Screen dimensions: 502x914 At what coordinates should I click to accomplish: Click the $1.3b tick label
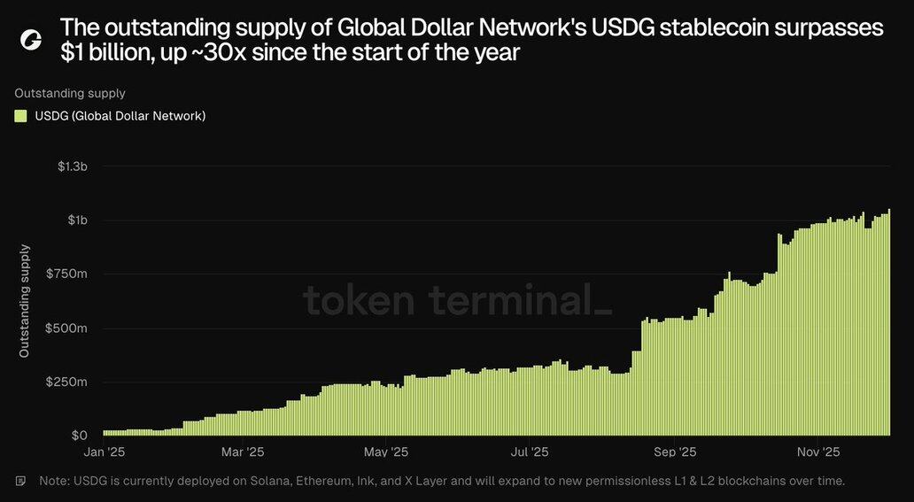[x=73, y=166]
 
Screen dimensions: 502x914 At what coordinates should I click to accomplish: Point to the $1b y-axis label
[x=78, y=220]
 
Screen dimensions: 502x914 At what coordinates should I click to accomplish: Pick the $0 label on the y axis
[x=79, y=436]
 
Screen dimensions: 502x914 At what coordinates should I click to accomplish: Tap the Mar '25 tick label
[x=242, y=452]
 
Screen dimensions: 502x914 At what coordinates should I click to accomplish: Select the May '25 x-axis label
[x=386, y=452]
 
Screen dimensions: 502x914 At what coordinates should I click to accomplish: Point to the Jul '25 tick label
[x=529, y=452]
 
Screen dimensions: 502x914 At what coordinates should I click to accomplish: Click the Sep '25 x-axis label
[x=676, y=452]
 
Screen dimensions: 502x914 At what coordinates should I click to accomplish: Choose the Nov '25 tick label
[x=818, y=452]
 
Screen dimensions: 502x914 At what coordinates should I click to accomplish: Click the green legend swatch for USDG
[x=20, y=116]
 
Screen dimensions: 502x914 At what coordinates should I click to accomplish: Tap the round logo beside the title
[x=31, y=40]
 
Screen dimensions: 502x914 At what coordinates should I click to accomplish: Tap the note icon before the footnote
[x=20, y=481]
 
